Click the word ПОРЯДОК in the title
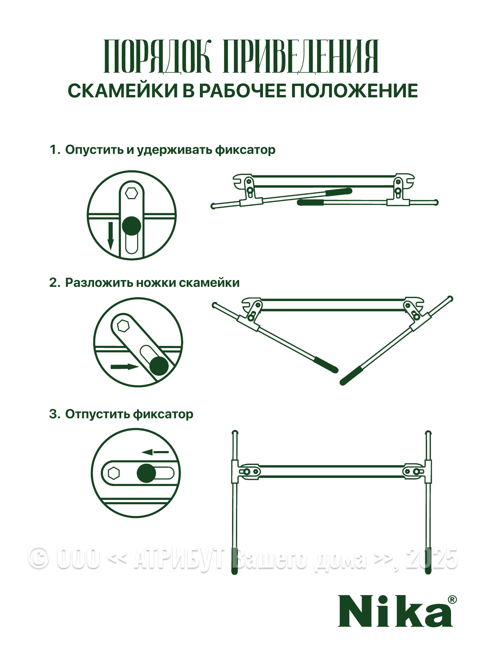[157, 56]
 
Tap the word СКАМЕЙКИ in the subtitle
[122, 91]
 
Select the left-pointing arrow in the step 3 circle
[156, 452]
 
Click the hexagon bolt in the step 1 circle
[132, 193]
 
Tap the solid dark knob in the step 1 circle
[132, 226]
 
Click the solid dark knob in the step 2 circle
[159, 366]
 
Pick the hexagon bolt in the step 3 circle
[114, 473]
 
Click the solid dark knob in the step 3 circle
[146, 473]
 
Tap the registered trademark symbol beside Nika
[452, 600]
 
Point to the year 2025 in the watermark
[431, 559]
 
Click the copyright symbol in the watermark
[39, 559]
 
